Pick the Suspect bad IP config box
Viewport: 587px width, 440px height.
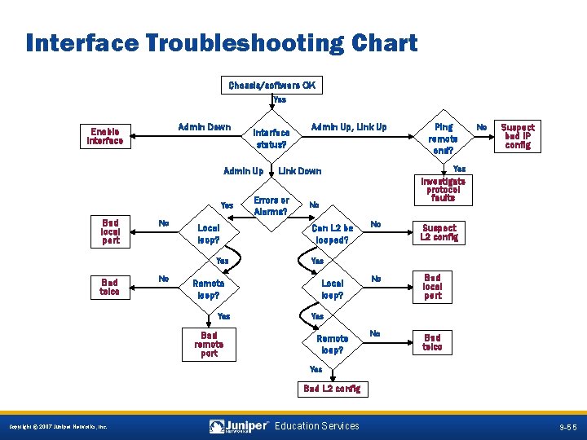click(x=517, y=136)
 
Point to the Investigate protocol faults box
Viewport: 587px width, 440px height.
click(x=444, y=189)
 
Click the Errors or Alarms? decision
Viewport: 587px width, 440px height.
click(x=271, y=205)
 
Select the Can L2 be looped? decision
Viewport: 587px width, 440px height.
click(x=332, y=235)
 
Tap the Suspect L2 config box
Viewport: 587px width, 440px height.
click(x=439, y=232)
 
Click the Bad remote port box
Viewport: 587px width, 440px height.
click(x=209, y=344)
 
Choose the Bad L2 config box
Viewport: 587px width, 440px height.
click(x=333, y=389)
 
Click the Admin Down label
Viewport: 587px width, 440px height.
click(x=204, y=127)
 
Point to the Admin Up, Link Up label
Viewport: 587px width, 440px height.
click(x=349, y=127)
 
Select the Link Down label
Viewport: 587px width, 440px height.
click(x=300, y=171)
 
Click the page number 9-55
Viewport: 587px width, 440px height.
click(x=568, y=427)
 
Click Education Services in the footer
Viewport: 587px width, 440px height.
click(x=317, y=426)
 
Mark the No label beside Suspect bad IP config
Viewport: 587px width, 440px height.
click(x=482, y=127)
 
